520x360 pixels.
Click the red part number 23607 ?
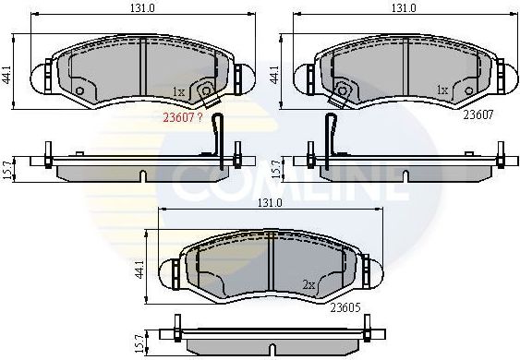click(x=182, y=117)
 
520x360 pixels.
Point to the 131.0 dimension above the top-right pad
click(x=403, y=8)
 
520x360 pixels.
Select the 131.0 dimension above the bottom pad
click(x=270, y=202)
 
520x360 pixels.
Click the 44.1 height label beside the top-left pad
click(x=7, y=72)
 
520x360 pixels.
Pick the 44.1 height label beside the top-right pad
click(x=273, y=72)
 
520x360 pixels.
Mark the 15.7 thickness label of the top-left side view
click(x=7, y=169)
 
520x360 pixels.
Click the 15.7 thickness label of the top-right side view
click(x=274, y=169)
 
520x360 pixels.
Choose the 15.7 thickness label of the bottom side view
click(x=139, y=341)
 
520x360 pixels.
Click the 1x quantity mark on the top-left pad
click(x=180, y=91)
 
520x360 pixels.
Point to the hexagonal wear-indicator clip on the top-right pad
click(x=344, y=90)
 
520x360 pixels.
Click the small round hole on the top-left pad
click(x=80, y=90)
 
